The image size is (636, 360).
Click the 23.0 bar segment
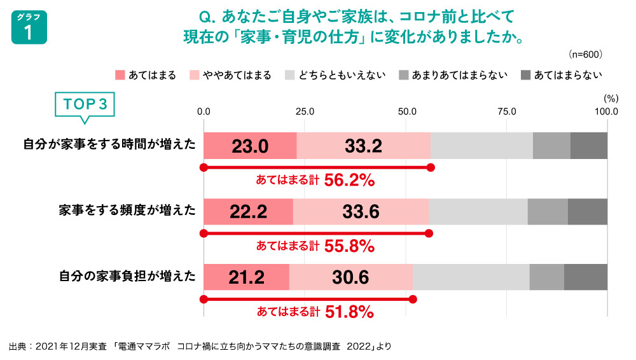point(250,146)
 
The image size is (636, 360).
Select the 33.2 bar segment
point(363,146)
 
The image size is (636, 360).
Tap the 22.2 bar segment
point(248,212)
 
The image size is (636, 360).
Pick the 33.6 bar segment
point(361,212)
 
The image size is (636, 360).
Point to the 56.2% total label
point(349,181)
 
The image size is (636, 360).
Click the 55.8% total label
point(349,246)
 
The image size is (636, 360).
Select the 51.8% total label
point(349,312)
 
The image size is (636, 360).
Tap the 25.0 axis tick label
point(305,111)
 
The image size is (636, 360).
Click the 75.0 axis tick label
point(507,111)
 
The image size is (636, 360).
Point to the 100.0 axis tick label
point(607,111)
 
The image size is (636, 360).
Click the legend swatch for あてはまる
point(120,75)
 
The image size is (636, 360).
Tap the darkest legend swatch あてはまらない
point(525,75)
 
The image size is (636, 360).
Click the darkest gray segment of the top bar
point(589,146)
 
